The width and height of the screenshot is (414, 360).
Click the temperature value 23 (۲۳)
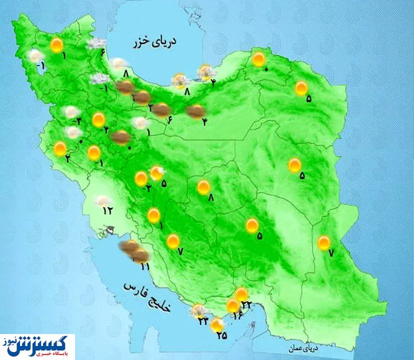[203, 321]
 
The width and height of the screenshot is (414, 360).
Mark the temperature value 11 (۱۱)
[145, 266]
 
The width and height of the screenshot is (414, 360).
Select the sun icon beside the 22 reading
[242, 294]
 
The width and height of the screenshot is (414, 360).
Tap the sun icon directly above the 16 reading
[232, 304]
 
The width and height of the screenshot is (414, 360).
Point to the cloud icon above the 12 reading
[104, 201]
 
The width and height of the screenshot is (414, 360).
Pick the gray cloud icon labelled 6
[95, 44]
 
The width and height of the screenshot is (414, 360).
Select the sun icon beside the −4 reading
[99, 120]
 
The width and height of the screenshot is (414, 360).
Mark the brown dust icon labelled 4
[195, 111]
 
